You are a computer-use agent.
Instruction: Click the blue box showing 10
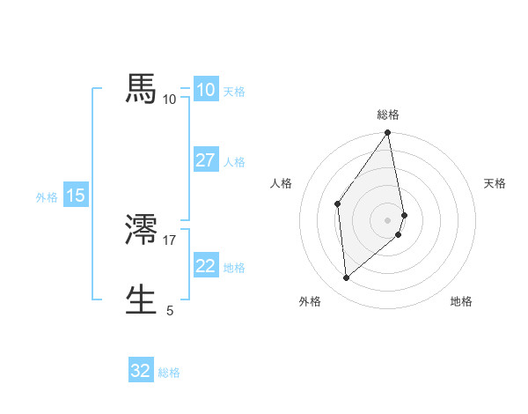click(x=205, y=90)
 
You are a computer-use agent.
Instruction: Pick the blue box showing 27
click(x=205, y=160)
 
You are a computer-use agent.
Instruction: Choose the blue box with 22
click(x=205, y=266)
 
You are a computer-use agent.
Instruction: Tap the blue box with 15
click(x=75, y=196)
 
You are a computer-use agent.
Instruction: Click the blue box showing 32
click(x=141, y=371)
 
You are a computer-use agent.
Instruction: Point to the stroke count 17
click(x=170, y=240)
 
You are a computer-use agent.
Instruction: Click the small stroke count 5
click(x=170, y=310)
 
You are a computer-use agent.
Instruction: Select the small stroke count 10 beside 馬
click(x=170, y=100)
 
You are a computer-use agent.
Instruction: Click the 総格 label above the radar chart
click(x=388, y=115)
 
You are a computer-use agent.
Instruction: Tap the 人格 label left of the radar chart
click(x=282, y=183)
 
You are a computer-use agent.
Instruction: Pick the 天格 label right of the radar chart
click(x=495, y=183)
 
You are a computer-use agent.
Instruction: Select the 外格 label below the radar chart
click(x=310, y=302)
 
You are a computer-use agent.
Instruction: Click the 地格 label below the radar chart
click(x=461, y=302)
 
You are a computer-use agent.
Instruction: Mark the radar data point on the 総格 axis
click(x=388, y=133)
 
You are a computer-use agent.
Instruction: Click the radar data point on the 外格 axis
click(x=347, y=277)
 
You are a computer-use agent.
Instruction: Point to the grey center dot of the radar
click(x=388, y=219)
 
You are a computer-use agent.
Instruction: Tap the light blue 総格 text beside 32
click(x=169, y=373)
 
